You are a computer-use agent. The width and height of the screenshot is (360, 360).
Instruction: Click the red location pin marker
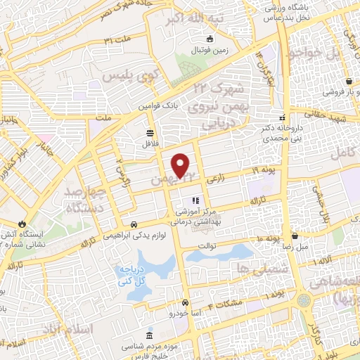coord(181,166)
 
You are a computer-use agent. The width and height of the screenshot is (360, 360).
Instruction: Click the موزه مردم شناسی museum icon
coord(148,335)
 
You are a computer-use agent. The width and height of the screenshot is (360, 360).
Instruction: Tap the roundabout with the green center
coord(303,300)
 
